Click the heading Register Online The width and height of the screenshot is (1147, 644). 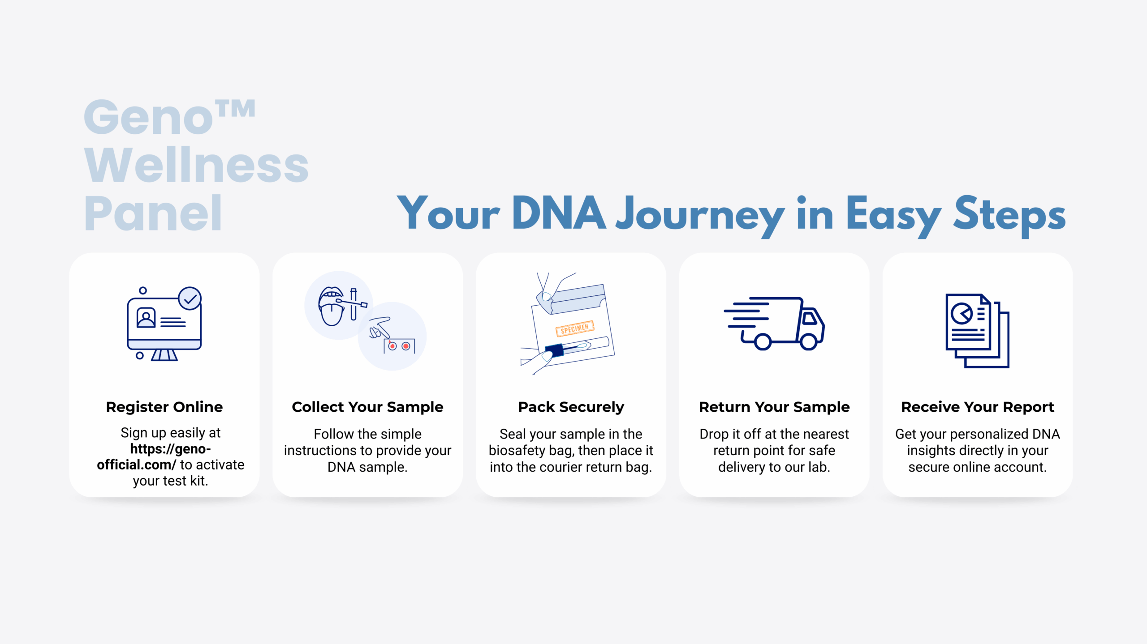pos(164,407)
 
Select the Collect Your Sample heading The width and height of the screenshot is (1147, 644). pos(367,407)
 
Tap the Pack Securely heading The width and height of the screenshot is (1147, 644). pos(571,407)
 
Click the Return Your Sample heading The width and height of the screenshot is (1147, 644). pos(774,407)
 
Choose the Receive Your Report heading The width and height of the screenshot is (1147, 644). pos(978,407)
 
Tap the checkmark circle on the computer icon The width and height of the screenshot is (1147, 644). pos(190,299)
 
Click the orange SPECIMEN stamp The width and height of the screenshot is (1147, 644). pos(575,328)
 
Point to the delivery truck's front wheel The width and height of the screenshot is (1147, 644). pos(809,341)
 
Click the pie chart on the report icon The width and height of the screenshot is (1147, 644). pos(962,313)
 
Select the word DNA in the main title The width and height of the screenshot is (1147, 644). pos(559,214)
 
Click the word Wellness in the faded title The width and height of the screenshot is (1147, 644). pos(196,165)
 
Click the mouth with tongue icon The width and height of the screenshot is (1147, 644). pos(331,306)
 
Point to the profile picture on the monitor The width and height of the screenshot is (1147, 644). pos(146,318)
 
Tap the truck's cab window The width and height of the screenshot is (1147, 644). pos(810,318)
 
